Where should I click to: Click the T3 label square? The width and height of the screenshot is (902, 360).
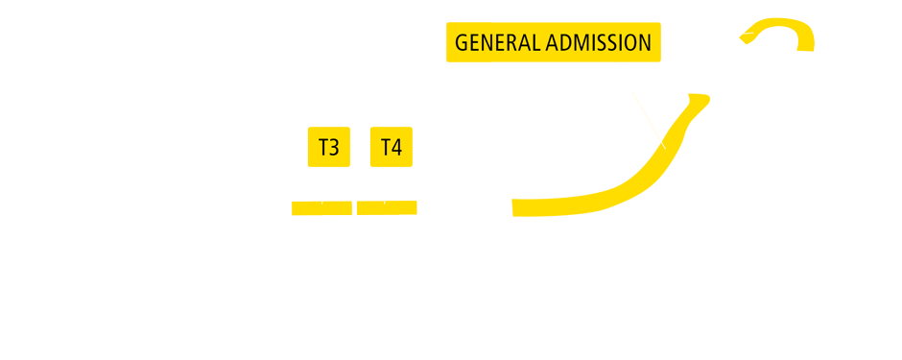(x=329, y=147)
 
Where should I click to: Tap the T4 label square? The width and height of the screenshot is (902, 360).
(x=392, y=147)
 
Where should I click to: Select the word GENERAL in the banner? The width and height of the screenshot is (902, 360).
(x=497, y=43)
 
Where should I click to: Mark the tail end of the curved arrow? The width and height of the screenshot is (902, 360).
(x=805, y=47)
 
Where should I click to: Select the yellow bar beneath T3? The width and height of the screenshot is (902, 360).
(x=321, y=208)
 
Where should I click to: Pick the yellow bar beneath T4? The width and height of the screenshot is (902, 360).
(x=387, y=207)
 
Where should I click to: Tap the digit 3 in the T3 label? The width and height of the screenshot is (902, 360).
(x=335, y=148)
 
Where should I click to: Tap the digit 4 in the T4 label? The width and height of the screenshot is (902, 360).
(x=396, y=148)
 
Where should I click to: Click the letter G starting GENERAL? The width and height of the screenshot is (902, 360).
(x=462, y=43)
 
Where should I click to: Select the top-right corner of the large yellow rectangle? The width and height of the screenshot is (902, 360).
(x=711, y=94)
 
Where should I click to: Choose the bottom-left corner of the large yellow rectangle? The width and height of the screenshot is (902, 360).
(x=512, y=218)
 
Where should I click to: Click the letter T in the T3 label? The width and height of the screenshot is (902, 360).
(x=323, y=148)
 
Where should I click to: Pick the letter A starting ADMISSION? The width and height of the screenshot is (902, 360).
(x=553, y=43)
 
